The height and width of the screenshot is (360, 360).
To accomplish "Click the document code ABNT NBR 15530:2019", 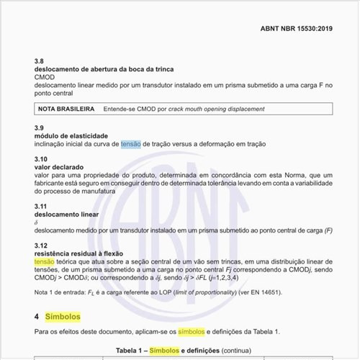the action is [x=296, y=30].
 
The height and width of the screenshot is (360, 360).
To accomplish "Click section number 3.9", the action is [x=40, y=127].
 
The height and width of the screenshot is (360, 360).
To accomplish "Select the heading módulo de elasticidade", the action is [x=71, y=135].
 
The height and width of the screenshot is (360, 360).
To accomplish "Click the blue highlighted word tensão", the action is [x=131, y=144].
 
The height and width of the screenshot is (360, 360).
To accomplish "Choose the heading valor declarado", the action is [x=63, y=166].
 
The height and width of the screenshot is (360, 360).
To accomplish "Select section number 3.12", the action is [x=41, y=246].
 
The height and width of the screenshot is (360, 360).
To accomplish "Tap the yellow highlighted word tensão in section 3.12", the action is [x=44, y=262].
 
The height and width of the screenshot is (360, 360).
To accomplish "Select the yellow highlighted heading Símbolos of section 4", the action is [x=63, y=316].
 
